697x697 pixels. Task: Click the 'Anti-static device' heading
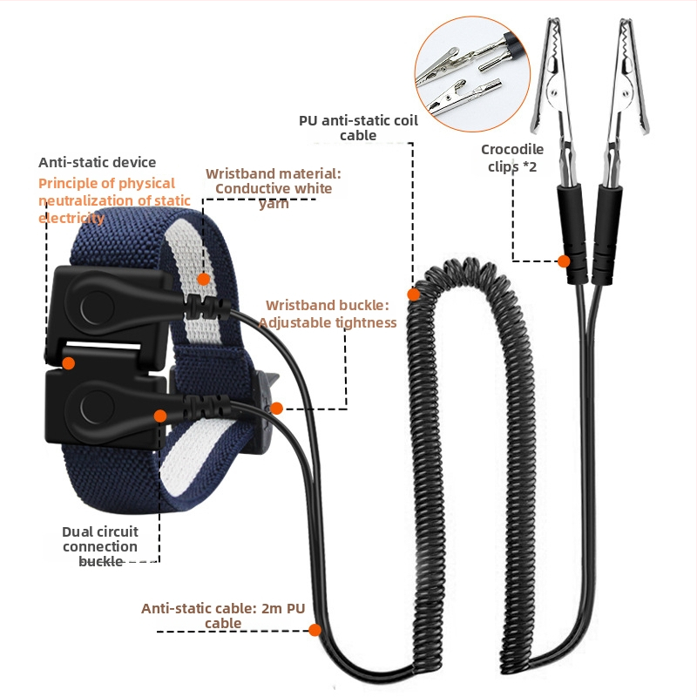97,162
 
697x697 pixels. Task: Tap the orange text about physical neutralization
114,200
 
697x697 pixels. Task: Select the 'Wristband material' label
274,188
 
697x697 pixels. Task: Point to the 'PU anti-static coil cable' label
358,127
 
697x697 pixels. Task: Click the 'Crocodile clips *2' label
512,158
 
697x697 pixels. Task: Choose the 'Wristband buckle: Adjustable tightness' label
328,314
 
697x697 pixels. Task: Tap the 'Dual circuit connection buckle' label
100,546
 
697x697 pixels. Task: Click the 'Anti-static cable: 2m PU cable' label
223,615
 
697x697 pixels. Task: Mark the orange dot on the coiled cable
413,294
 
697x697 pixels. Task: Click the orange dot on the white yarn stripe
204,279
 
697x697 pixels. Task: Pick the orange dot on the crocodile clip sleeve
564,261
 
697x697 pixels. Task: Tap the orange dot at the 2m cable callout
315,630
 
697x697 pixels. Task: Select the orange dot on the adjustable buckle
276,408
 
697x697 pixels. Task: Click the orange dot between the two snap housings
69,363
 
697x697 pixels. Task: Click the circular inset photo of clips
472,74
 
